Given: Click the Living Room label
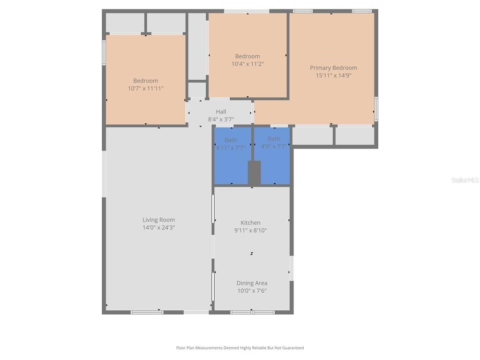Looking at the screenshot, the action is (158, 220).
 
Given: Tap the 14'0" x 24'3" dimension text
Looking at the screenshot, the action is (158, 227).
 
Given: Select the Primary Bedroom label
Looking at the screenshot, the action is (333, 67).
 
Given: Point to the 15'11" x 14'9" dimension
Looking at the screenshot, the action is (333, 75).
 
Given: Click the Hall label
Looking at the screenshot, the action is (221, 112).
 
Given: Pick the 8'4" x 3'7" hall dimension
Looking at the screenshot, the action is (221, 120).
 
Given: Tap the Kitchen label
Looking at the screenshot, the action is (250, 223).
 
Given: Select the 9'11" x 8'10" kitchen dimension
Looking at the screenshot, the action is (250, 230).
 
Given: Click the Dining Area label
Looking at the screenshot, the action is (252, 283).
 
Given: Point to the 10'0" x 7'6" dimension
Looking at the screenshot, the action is (252, 291).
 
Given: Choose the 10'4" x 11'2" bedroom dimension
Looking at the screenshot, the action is (247, 64).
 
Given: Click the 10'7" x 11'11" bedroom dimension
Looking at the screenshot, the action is (146, 89).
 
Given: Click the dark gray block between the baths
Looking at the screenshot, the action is (254, 173).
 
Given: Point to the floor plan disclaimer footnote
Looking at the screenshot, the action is (240, 348).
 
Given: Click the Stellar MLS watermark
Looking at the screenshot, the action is (465, 180).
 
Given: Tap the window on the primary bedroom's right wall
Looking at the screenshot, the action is (376, 109).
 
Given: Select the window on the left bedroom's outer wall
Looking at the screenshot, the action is (104, 52).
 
